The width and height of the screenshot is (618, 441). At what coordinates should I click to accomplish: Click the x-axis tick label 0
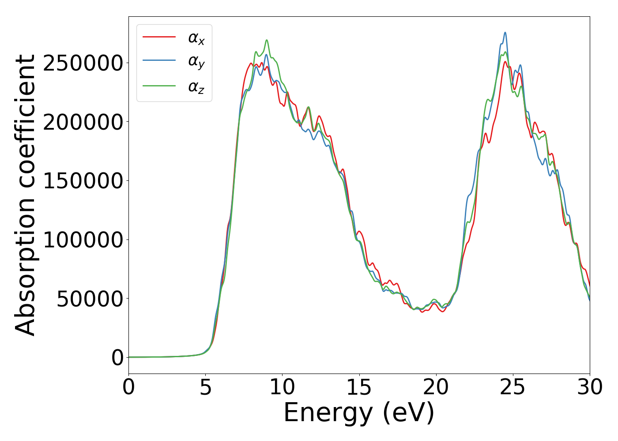pyautogui.click(x=128, y=387)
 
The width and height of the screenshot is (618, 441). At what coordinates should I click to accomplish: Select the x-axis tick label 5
pyautogui.click(x=205, y=387)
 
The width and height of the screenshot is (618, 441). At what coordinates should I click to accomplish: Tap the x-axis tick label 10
pyautogui.click(x=282, y=387)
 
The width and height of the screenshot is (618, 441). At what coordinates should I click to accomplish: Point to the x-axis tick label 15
pyautogui.click(x=359, y=387)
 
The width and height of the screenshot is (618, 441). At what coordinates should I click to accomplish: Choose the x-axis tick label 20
pyautogui.click(x=436, y=387)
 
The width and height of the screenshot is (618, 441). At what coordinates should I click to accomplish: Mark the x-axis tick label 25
pyautogui.click(x=513, y=387)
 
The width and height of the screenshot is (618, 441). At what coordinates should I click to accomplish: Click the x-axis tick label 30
pyautogui.click(x=590, y=387)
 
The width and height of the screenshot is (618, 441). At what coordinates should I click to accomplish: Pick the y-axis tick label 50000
pyautogui.click(x=90, y=299)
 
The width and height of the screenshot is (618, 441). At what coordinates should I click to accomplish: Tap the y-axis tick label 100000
pyautogui.click(x=83, y=240)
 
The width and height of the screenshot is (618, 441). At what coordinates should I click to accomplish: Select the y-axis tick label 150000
pyautogui.click(x=83, y=181)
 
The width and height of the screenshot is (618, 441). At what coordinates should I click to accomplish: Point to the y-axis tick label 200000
pyautogui.click(x=83, y=122)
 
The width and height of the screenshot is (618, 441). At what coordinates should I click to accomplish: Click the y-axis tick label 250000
pyautogui.click(x=83, y=63)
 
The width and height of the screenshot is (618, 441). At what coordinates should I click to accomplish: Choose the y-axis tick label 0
pyautogui.click(x=117, y=358)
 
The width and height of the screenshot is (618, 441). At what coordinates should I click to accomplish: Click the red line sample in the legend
pyautogui.click(x=159, y=37)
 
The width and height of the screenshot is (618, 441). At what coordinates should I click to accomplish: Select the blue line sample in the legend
pyautogui.click(x=159, y=61)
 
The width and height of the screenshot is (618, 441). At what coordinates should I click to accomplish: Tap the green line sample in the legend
pyautogui.click(x=159, y=86)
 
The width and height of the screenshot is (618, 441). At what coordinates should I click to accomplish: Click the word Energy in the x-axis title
pyautogui.click(x=328, y=413)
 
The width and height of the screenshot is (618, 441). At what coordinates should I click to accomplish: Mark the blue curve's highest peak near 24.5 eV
pyautogui.click(x=505, y=33)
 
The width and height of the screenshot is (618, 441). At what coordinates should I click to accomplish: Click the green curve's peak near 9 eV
pyautogui.click(x=267, y=40)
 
